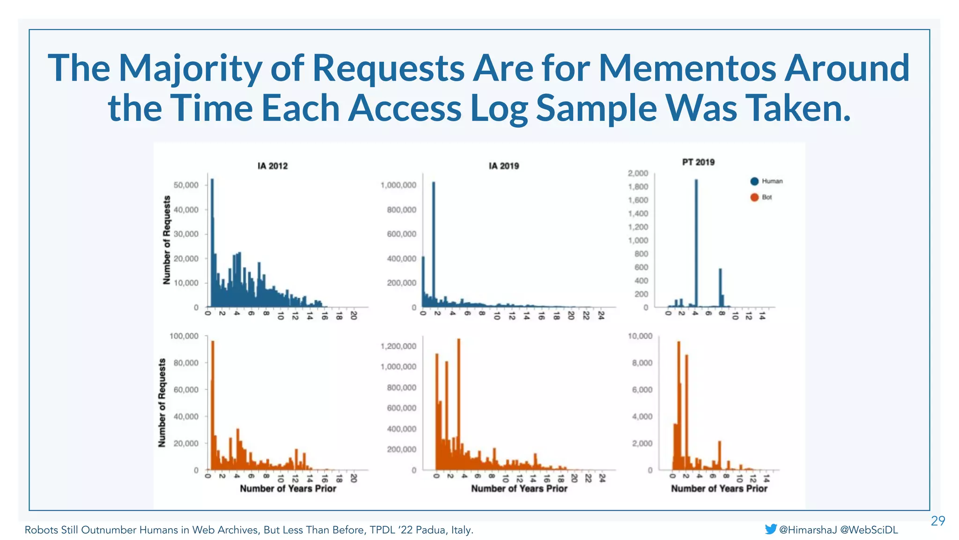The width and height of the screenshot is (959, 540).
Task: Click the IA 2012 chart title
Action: pyautogui.click(x=273, y=166)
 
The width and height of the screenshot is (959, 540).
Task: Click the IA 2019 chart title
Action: pyautogui.click(x=504, y=166)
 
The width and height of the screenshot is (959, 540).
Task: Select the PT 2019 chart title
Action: pyautogui.click(x=698, y=162)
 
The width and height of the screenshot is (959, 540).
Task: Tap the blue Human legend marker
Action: pyautogui.click(x=754, y=181)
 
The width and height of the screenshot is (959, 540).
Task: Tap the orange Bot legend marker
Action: pyautogui.click(x=754, y=197)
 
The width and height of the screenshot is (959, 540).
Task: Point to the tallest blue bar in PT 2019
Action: pyautogui.click(x=696, y=244)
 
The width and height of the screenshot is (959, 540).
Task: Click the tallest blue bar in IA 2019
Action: pyautogui.click(x=434, y=244)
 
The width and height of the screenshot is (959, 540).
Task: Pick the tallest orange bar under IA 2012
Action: pyautogui.click(x=213, y=403)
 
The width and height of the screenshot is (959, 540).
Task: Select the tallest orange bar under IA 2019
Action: pyautogui.click(x=458, y=403)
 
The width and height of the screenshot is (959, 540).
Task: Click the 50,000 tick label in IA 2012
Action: pyautogui.click(x=186, y=185)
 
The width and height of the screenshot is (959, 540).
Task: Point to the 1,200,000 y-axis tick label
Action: pyautogui.click(x=398, y=346)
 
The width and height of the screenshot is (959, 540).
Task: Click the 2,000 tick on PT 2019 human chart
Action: pyautogui.click(x=638, y=173)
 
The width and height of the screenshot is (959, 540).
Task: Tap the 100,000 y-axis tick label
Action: pyautogui.click(x=184, y=336)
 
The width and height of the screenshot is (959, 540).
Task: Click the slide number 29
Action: pyautogui.click(x=938, y=521)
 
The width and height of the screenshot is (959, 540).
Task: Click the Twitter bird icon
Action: pyautogui.click(x=770, y=529)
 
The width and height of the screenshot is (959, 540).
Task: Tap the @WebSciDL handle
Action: pyautogui.click(x=869, y=530)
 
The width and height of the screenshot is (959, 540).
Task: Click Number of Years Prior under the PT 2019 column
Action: pyautogui.click(x=719, y=488)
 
